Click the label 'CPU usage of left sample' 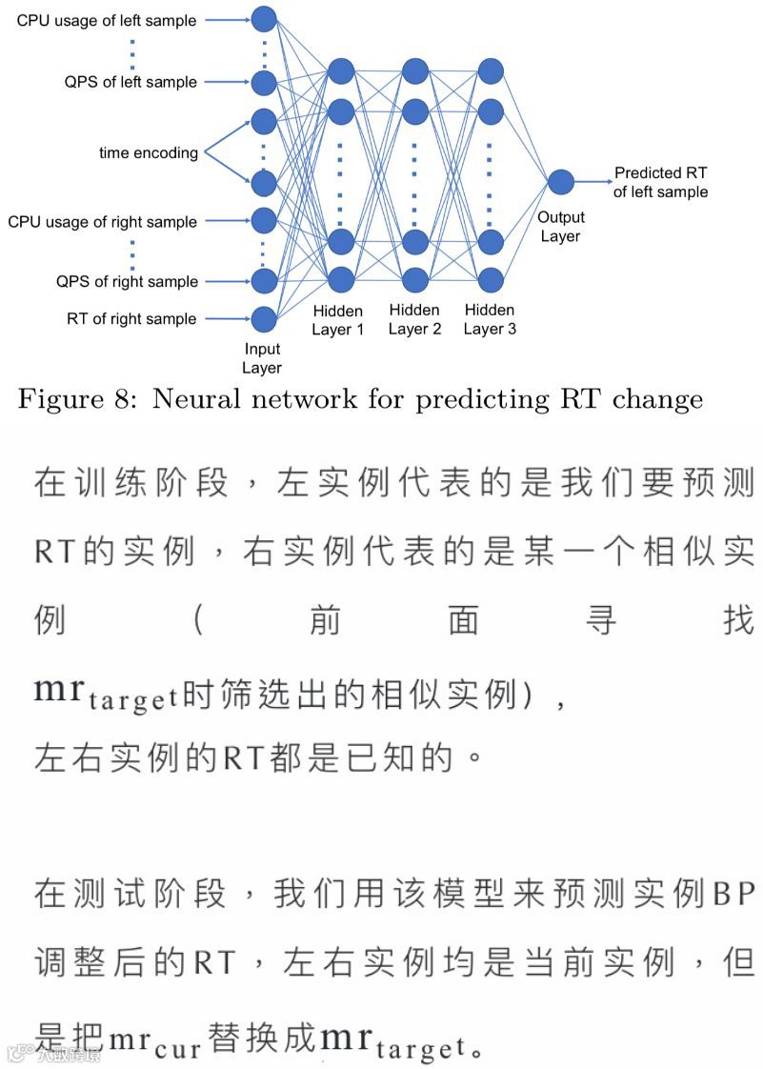pyautogui.click(x=106, y=20)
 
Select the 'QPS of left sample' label pyautogui.click(x=131, y=82)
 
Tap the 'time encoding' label pyautogui.click(x=149, y=152)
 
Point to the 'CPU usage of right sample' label pyautogui.click(x=103, y=222)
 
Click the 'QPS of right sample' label pyautogui.click(x=127, y=281)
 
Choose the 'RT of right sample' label pyautogui.click(x=131, y=319)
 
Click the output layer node pyautogui.click(x=560, y=181)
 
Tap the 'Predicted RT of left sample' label pyautogui.click(x=660, y=182)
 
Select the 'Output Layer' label pyautogui.click(x=560, y=227)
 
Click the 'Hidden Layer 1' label pyautogui.click(x=338, y=319)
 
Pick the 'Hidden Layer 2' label pyautogui.click(x=414, y=319)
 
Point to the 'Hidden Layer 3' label pyautogui.click(x=490, y=319)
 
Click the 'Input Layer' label pyautogui.click(x=262, y=358)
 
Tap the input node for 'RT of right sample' pyautogui.click(x=263, y=319)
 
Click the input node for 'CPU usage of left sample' pyautogui.click(x=264, y=18)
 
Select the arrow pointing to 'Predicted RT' pyautogui.click(x=592, y=181)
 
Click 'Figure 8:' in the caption pyautogui.click(x=78, y=399)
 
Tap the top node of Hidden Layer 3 pyautogui.click(x=490, y=71)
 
